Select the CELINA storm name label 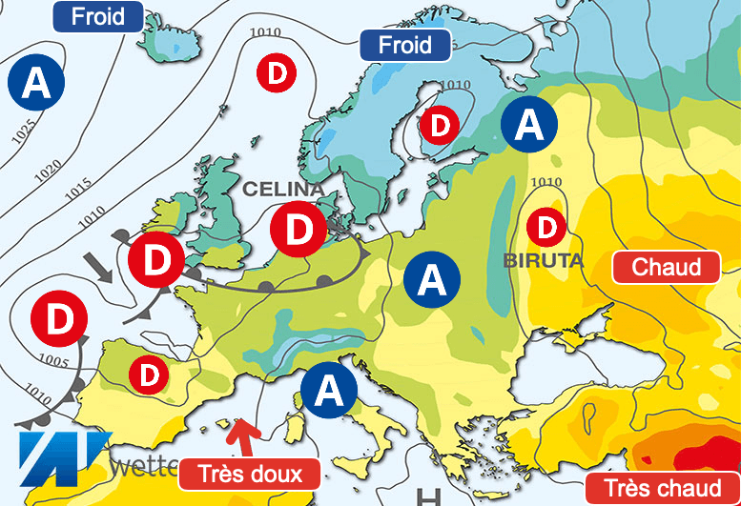(x=283, y=189)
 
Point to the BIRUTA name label (x=543, y=259)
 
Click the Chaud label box (x=666, y=267)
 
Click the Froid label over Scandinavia (x=404, y=45)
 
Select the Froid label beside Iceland (x=97, y=16)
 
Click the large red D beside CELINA (x=298, y=229)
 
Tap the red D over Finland (x=440, y=124)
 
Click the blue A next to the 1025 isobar (x=36, y=83)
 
